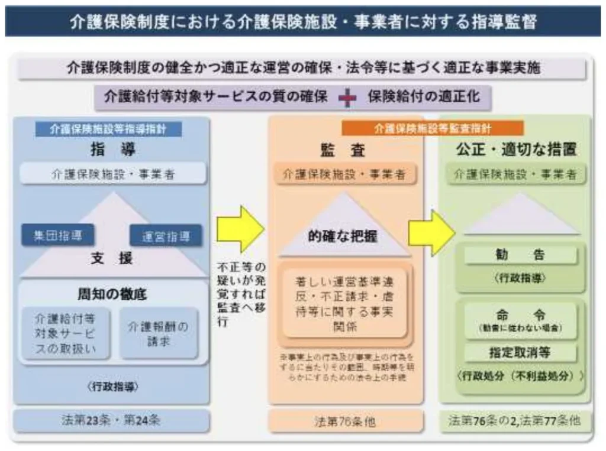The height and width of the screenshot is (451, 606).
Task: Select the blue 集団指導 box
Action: coord(57,235)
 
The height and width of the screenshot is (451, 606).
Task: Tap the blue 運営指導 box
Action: coord(165,237)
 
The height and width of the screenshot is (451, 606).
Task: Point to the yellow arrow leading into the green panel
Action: coord(430,232)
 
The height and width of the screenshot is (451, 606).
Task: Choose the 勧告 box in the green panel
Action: coord(520,255)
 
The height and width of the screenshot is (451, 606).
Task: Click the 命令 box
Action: coord(520,320)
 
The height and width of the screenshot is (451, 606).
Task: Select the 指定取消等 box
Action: coord(520,353)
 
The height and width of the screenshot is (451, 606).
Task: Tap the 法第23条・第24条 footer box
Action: coord(111,421)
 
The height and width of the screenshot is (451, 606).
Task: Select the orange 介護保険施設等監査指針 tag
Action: coord(433,128)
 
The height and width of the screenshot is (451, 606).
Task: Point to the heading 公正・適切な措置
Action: coord(515,149)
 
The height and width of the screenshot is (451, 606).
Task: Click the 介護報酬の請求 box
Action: coord(159,333)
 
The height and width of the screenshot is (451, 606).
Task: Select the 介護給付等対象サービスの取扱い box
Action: coord(65,333)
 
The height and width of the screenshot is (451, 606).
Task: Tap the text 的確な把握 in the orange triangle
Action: coord(343,236)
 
